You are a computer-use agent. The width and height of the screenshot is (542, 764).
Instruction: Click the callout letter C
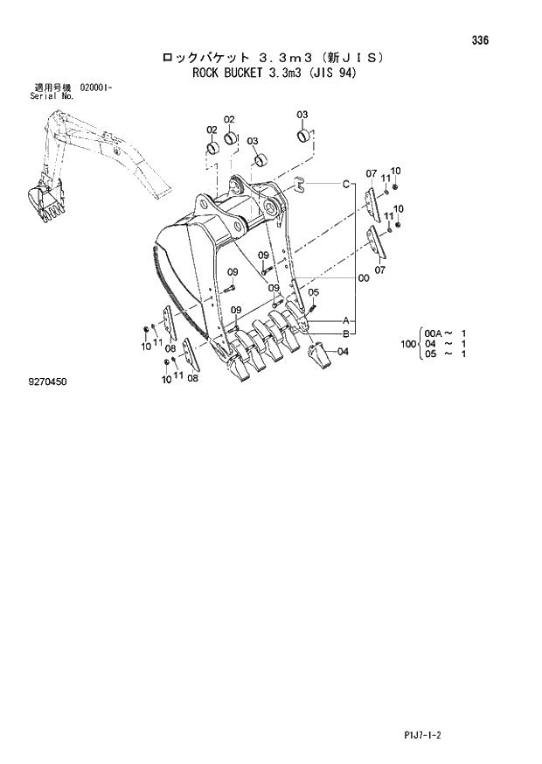click(x=346, y=184)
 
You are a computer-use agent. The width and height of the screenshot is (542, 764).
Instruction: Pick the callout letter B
click(x=346, y=333)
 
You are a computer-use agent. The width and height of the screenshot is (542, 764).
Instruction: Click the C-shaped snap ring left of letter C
click(x=299, y=183)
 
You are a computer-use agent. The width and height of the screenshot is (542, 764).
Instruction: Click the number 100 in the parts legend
click(x=407, y=343)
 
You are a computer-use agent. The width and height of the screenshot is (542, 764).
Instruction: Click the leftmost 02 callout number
click(x=212, y=130)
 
